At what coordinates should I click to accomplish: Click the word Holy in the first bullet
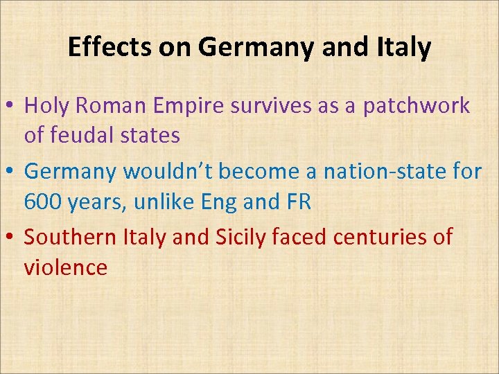point(48,106)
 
